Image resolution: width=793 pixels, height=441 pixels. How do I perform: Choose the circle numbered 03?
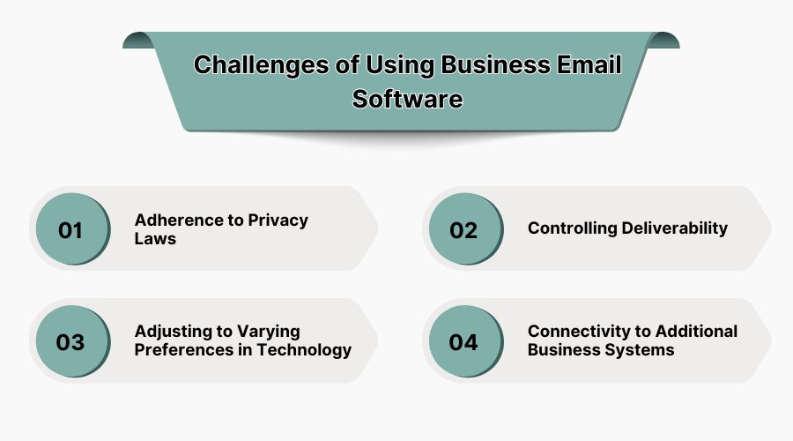coord(71,342)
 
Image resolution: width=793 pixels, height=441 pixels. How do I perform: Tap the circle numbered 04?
coord(463,342)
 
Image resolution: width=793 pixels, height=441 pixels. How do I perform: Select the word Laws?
coord(155,238)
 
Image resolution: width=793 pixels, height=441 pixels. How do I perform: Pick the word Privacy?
coord(278,220)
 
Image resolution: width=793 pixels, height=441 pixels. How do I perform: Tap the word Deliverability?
coord(676,228)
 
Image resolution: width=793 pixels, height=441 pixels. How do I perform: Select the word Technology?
coord(306,350)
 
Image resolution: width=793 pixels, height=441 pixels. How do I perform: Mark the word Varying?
coord(267,332)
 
